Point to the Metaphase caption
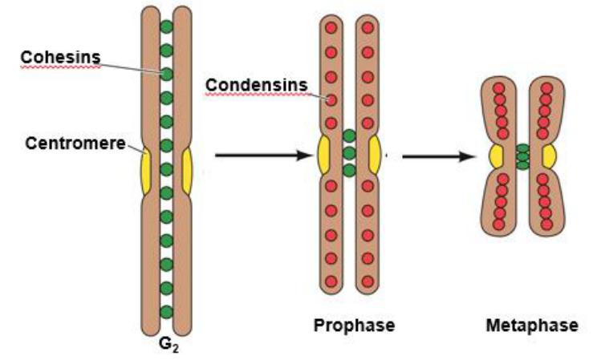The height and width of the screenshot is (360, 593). pyautogui.click(x=531, y=326)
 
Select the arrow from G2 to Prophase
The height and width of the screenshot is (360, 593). pyautogui.click(x=262, y=152)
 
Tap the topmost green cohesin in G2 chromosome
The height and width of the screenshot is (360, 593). pyautogui.click(x=166, y=26)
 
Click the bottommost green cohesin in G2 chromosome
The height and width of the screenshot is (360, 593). pyautogui.click(x=166, y=311)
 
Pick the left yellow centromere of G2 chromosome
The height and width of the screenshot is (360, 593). pyautogui.click(x=145, y=171)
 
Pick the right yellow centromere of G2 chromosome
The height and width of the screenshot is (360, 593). pyautogui.click(x=187, y=171)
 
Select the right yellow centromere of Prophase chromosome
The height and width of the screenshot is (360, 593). pyautogui.click(x=374, y=155)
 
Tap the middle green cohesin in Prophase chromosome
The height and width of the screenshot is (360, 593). pyautogui.click(x=349, y=153)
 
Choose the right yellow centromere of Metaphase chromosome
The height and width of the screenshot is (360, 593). pyautogui.click(x=550, y=156)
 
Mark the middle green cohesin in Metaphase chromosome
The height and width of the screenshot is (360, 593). pyautogui.click(x=523, y=156)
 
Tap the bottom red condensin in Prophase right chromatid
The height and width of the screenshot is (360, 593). pyautogui.click(x=368, y=281)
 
